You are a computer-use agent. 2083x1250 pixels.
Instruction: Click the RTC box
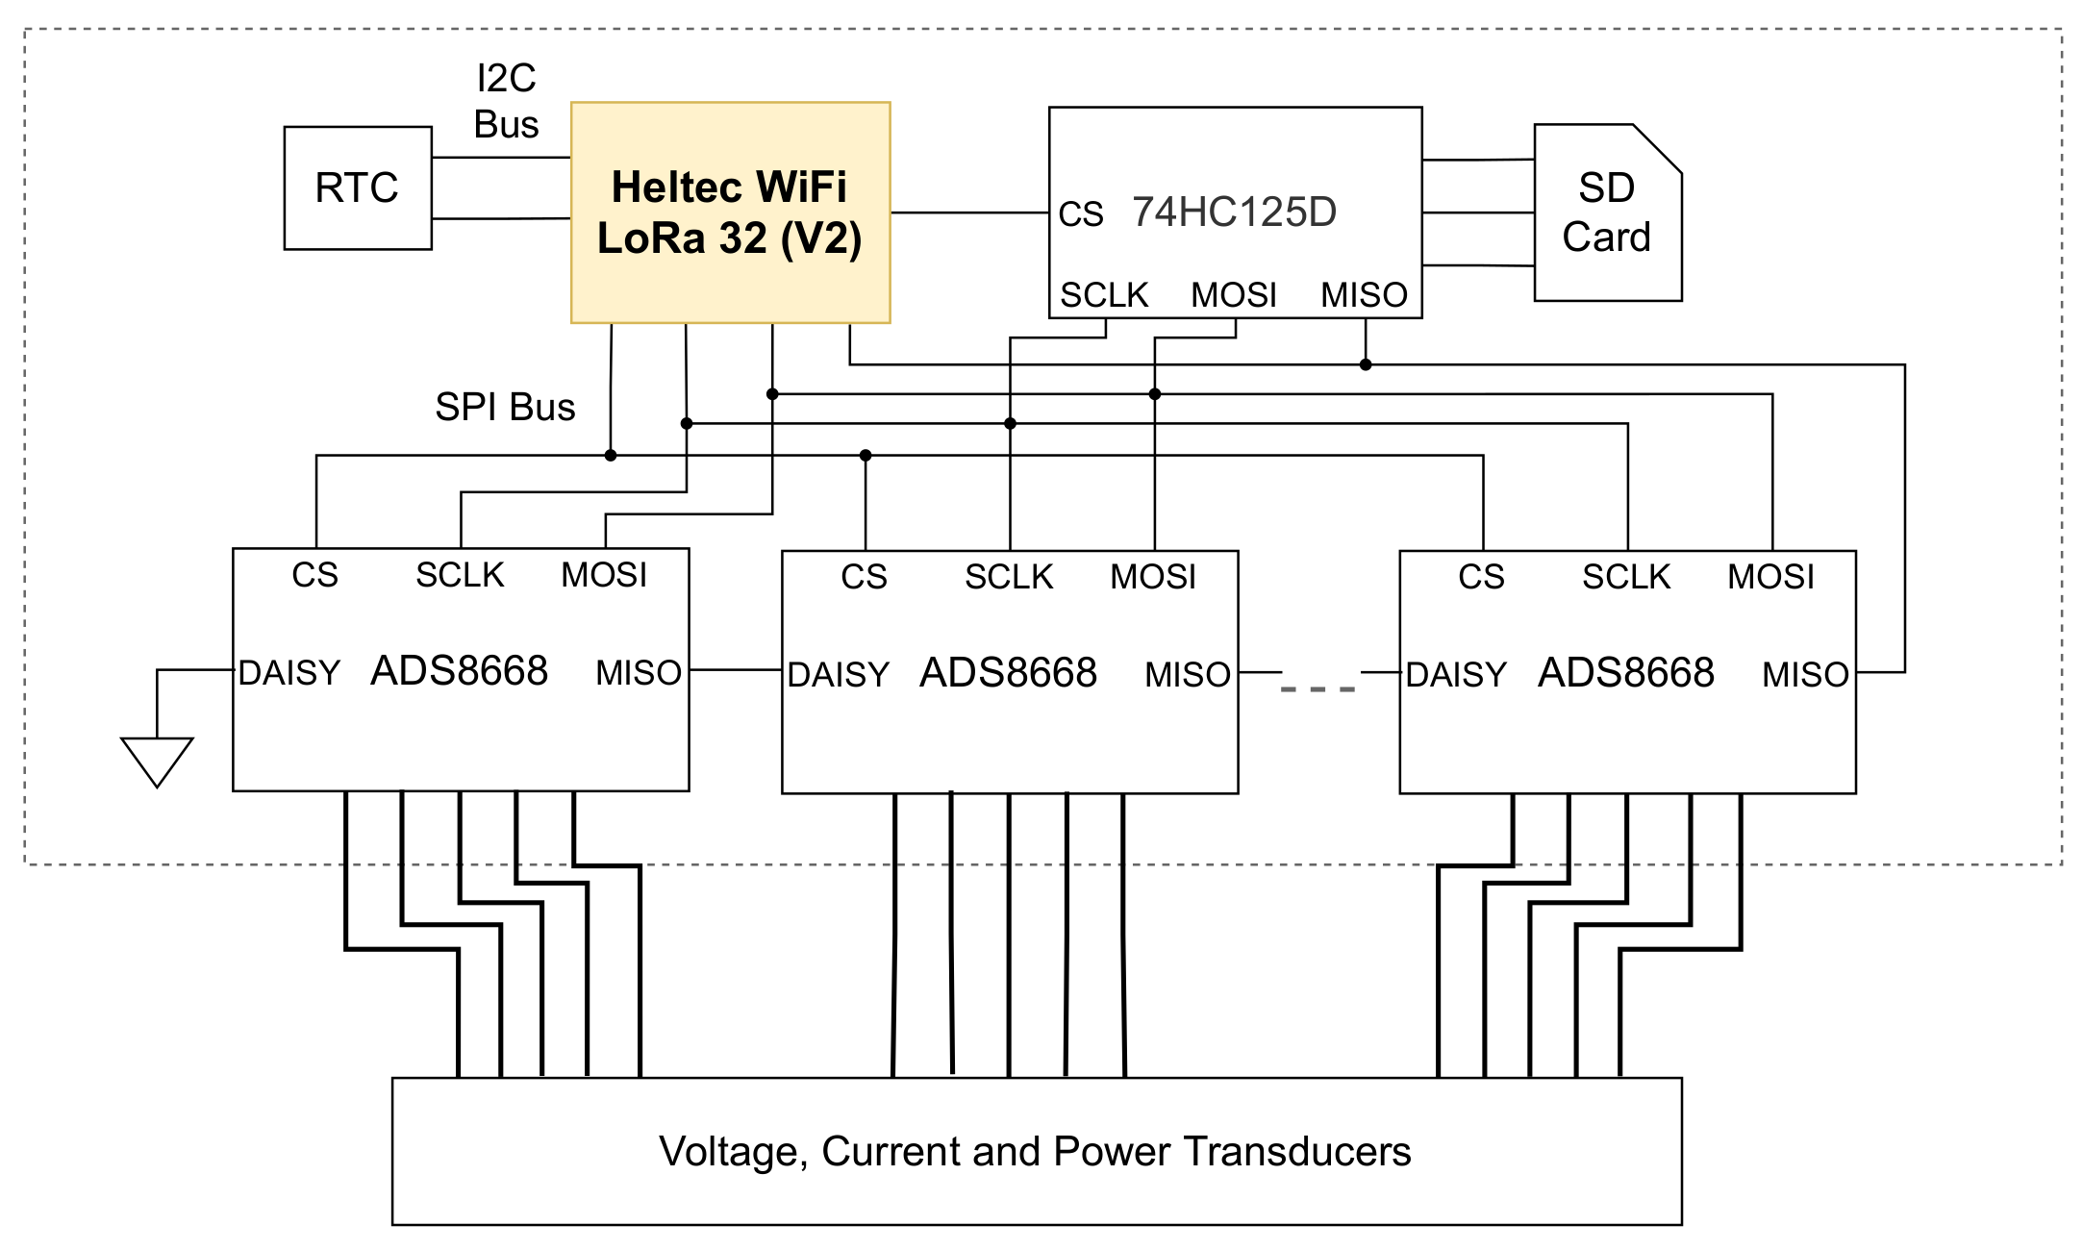[x=358, y=188]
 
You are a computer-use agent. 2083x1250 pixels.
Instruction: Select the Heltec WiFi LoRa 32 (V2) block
[x=730, y=212]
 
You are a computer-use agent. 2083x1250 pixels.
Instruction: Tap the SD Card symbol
[x=1606, y=212]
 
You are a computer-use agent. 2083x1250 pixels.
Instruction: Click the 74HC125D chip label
[x=1234, y=212]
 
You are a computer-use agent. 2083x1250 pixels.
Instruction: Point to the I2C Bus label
[x=506, y=101]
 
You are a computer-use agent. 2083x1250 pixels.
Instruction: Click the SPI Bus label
[x=505, y=408]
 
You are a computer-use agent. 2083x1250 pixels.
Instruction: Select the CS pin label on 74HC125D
[x=1080, y=214]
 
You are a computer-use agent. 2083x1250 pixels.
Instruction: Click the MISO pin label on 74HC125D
[x=1364, y=295]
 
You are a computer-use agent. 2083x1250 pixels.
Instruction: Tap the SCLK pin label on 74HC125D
[x=1104, y=295]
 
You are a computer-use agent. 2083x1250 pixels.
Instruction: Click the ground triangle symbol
[x=157, y=759]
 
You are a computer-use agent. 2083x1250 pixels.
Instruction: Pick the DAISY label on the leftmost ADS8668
[x=289, y=673]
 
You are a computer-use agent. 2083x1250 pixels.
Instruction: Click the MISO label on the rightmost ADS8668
[x=1805, y=675]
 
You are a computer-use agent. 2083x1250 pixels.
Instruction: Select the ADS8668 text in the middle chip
[x=1008, y=673]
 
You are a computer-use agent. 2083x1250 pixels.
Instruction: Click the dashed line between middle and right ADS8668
[x=1318, y=688]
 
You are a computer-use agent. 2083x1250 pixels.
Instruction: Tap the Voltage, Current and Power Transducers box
[x=1036, y=1151]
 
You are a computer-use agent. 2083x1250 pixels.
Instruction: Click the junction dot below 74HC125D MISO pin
[x=1366, y=364]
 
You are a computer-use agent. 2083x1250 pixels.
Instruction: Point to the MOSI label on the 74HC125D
[x=1234, y=295]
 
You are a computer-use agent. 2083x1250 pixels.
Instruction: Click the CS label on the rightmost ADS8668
[x=1481, y=577]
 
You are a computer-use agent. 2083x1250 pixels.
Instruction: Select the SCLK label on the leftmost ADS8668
[x=460, y=575]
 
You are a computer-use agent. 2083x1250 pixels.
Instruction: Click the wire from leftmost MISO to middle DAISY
[x=736, y=670]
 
